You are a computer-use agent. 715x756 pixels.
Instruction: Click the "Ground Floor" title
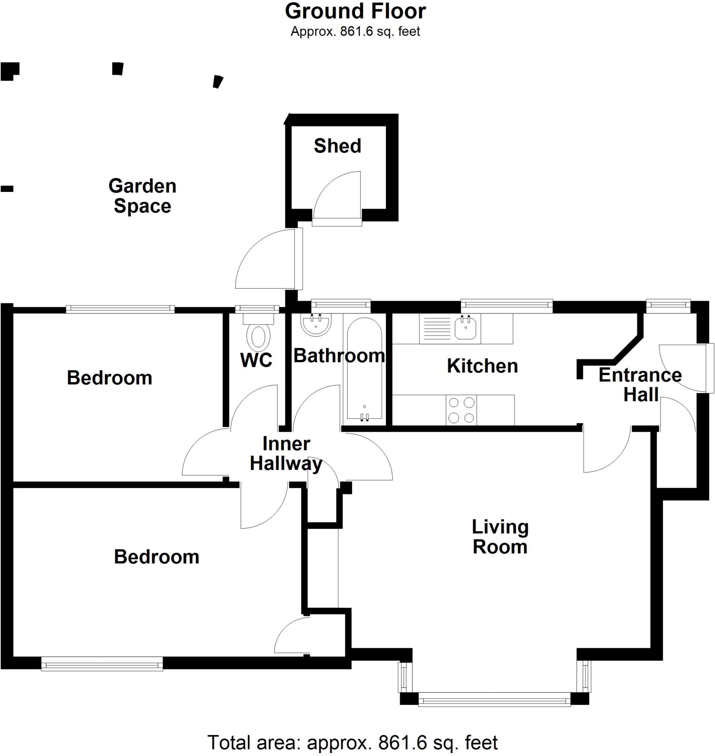click(x=355, y=11)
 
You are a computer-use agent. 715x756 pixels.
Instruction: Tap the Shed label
click(x=337, y=146)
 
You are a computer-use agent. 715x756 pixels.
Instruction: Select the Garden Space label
click(x=142, y=196)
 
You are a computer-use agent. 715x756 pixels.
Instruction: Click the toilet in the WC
click(x=259, y=336)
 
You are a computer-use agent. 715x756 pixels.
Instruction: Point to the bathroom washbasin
click(x=316, y=324)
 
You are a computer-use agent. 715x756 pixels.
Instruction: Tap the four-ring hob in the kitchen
click(x=461, y=410)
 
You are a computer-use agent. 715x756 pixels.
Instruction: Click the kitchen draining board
click(x=437, y=329)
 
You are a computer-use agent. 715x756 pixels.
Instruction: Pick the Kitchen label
click(x=482, y=366)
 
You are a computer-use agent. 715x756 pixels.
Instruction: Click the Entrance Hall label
click(x=640, y=385)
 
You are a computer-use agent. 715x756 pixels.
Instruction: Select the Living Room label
click(x=500, y=537)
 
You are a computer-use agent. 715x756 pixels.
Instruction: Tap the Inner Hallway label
click(x=286, y=454)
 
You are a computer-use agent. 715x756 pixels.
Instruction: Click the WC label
click(x=256, y=360)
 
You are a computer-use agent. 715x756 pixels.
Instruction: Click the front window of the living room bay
click(x=494, y=700)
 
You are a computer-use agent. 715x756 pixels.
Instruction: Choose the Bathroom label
click(x=339, y=356)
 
